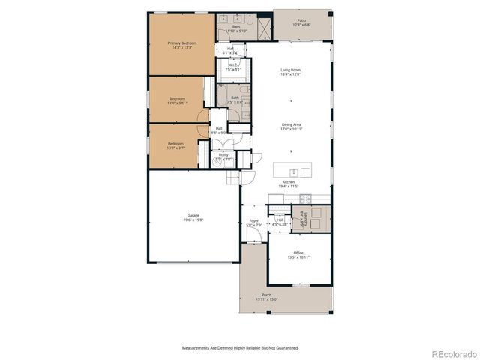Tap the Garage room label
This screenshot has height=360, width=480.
pyautogui.click(x=193, y=217)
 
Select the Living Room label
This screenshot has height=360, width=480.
pyautogui.click(x=290, y=71)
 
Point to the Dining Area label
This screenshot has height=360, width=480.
pyautogui.click(x=291, y=127)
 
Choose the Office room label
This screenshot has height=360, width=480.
pyautogui.click(x=298, y=254)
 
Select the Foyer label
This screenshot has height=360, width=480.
pyautogui.click(x=253, y=223)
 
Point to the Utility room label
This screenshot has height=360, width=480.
pyautogui.click(x=223, y=157)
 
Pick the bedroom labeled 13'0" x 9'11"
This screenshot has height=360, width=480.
pyautogui.click(x=176, y=100)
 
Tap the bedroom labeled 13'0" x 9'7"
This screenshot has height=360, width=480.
pyautogui.click(x=175, y=145)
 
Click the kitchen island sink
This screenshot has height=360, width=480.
pyautogui.click(x=294, y=172)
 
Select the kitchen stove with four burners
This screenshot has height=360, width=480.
pyautogui.click(x=304, y=199)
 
